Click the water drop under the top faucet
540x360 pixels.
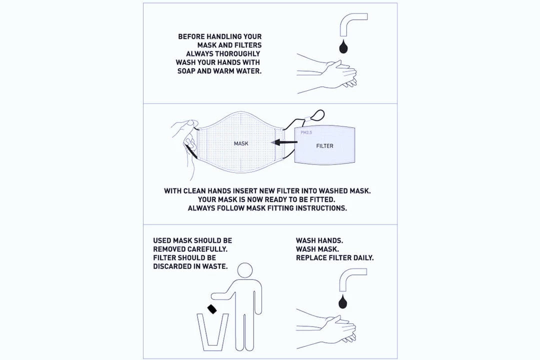click(343, 47)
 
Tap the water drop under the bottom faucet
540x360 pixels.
click(343, 302)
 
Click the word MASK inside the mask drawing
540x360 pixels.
click(241, 143)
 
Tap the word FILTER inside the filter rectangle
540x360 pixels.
click(325, 146)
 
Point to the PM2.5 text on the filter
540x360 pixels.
click(306, 132)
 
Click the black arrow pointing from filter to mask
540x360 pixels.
click(284, 142)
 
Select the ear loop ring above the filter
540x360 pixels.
click(317, 115)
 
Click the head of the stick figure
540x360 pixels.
click(245, 270)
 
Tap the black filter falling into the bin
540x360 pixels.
click(212, 309)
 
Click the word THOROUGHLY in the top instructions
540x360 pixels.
click(237, 53)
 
